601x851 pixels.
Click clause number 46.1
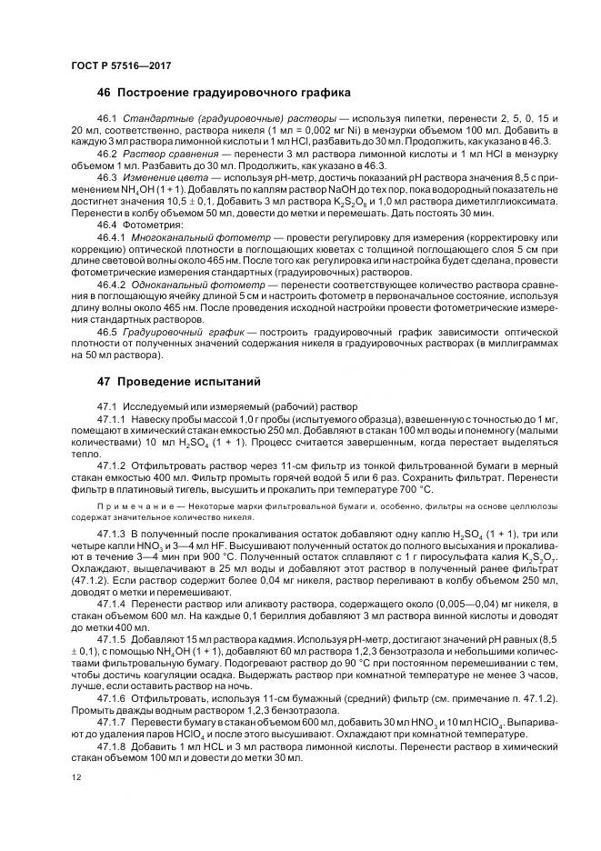108,120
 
